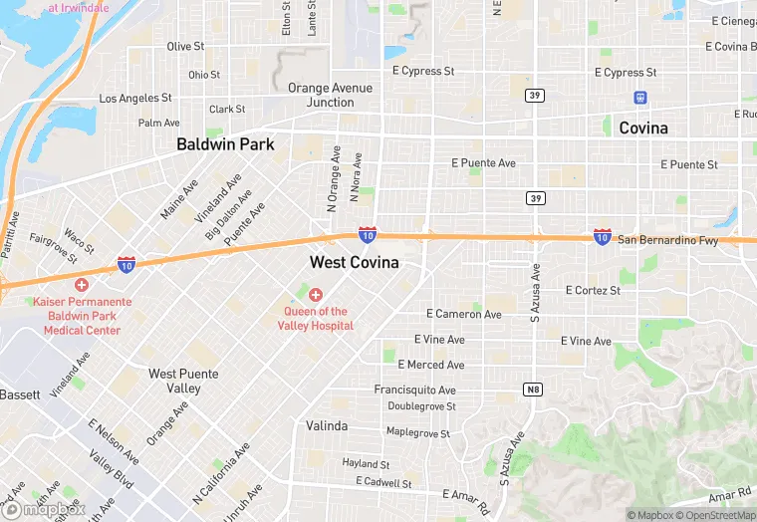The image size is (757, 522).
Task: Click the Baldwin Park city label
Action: click(225, 144)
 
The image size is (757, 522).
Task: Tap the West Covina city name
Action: click(354, 263)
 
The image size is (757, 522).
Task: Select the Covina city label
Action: click(643, 129)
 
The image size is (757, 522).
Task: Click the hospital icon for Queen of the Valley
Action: click(316, 294)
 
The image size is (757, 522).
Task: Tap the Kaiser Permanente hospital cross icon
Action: click(82, 285)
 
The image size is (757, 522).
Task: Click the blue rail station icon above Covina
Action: click(639, 98)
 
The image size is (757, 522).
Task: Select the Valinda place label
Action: click(327, 426)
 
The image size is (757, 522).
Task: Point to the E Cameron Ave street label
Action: click(464, 315)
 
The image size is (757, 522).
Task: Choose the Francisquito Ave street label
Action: click(415, 391)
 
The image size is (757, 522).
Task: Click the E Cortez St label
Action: click(593, 291)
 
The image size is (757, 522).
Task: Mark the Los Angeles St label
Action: click(135, 99)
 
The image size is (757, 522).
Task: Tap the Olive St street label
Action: click(185, 47)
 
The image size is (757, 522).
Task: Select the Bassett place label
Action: click(20, 394)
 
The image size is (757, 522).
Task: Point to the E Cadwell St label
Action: click(383, 483)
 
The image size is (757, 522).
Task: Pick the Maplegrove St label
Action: click(418, 434)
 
